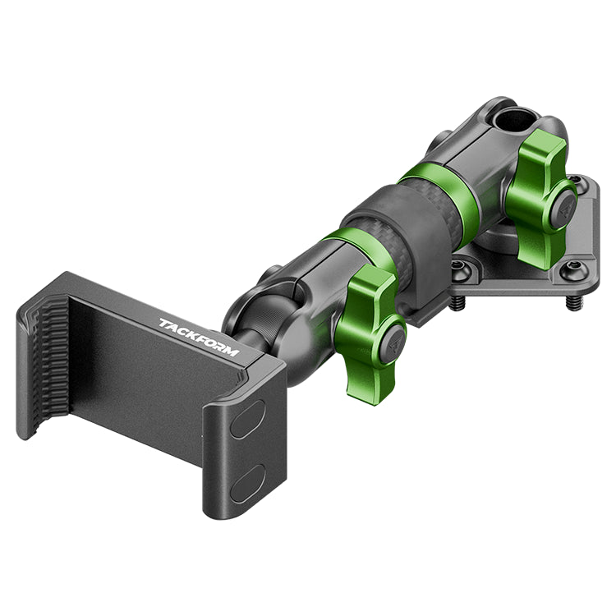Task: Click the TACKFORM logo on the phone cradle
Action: (199, 337)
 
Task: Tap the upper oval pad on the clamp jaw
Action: (247, 419)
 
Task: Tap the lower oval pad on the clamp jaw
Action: (247, 484)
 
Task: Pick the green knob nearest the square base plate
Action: (541, 200)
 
